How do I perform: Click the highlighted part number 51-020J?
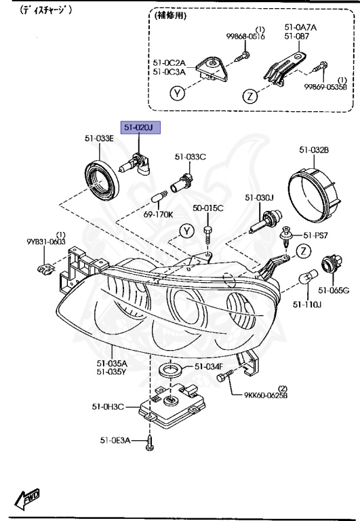point(140,128)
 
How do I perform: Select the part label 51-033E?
point(99,138)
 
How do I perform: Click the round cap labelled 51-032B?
point(315,195)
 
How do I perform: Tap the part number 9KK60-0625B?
point(266,395)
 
